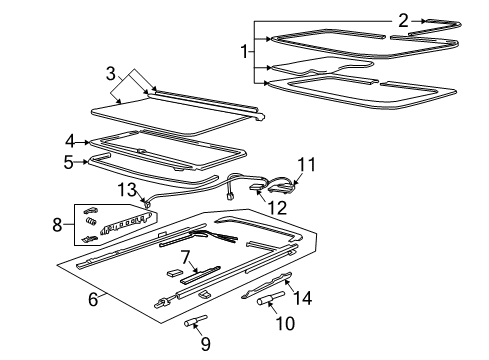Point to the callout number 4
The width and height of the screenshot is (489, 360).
pyautogui.click(x=71, y=141)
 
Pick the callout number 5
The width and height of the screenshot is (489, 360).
pyautogui.click(x=71, y=159)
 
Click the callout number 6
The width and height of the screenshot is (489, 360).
pyautogui.click(x=93, y=299)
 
